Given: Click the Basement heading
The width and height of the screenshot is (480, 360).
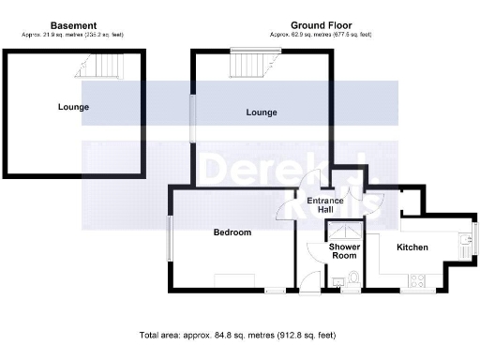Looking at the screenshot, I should [x=73, y=25].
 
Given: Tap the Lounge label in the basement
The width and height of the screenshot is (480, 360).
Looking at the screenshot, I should [x=72, y=107].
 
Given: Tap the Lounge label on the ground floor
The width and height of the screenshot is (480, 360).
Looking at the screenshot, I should [x=262, y=112].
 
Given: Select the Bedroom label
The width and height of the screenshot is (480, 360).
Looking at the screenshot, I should [x=232, y=232].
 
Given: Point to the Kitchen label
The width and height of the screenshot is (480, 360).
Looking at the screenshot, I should [x=412, y=247].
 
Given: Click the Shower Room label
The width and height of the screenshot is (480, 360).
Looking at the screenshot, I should [x=344, y=252].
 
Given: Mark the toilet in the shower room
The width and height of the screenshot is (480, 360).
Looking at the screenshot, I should [x=352, y=278].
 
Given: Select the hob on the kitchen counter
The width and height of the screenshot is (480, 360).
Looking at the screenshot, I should [x=418, y=279].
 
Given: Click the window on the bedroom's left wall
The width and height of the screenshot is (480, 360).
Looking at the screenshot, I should [x=169, y=238].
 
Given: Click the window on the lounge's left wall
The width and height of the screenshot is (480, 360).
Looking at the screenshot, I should [x=194, y=120].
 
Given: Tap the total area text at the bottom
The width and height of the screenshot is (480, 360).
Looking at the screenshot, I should [x=236, y=335].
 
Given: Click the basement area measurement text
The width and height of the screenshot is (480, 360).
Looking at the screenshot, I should [x=73, y=35].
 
